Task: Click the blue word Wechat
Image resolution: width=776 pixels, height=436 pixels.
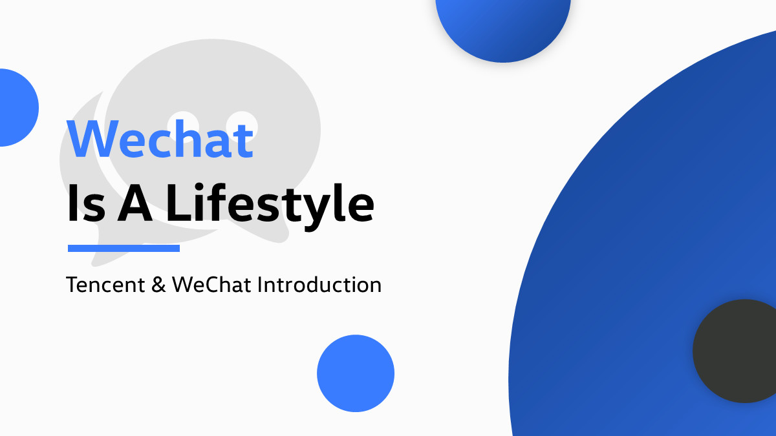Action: (x=160, y=139)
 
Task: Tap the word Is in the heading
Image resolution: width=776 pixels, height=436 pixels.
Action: (x=86, y=203)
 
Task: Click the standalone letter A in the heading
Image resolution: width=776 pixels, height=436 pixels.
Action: (x=135, y=203)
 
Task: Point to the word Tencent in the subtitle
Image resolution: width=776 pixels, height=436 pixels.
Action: (x=105, y=285)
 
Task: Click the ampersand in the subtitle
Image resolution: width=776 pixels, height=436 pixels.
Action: (x=158, y=285)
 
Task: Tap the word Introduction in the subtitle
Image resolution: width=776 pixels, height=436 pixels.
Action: (x=319, y=285)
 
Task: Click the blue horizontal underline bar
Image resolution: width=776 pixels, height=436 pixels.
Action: (x=124, y=248)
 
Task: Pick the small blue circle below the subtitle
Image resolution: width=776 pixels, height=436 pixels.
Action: (x=356, y=373)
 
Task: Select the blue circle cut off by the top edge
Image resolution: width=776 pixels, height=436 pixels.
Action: (x=503, y=30)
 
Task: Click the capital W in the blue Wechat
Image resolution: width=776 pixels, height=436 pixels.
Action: (x=93, y=139)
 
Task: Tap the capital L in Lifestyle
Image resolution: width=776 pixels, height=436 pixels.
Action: (x=179, y=203)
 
